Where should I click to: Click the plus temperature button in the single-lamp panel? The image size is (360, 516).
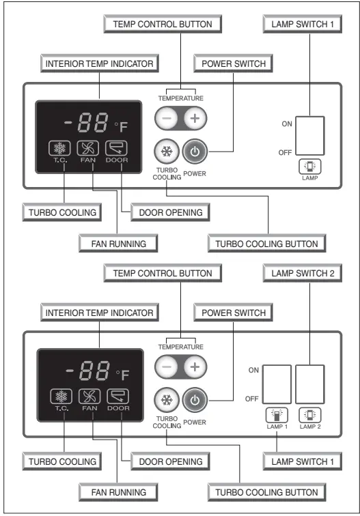click(195, 118)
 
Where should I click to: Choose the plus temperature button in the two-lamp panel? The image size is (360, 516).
click(195, 367)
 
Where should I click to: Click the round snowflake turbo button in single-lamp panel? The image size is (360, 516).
click(165, 152)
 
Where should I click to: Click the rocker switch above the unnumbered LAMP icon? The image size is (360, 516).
click(309, 136)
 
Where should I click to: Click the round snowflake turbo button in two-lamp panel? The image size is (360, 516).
click(165, 400)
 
